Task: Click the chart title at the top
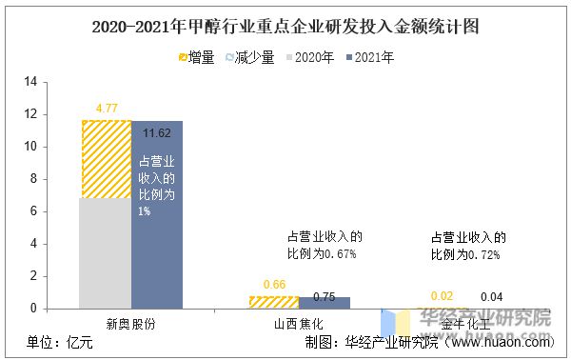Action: point(285,26)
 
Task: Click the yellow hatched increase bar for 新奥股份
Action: point(105,159)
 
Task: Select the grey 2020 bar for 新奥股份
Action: point(105,252)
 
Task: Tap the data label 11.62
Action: point(157,132)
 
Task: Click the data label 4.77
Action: point(106,109)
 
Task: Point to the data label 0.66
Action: point(274,284)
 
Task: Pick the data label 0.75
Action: point(325,295)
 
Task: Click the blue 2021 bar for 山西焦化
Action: point(325,304)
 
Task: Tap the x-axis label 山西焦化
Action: point(299,324)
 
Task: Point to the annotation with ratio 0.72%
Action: point(468,246)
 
